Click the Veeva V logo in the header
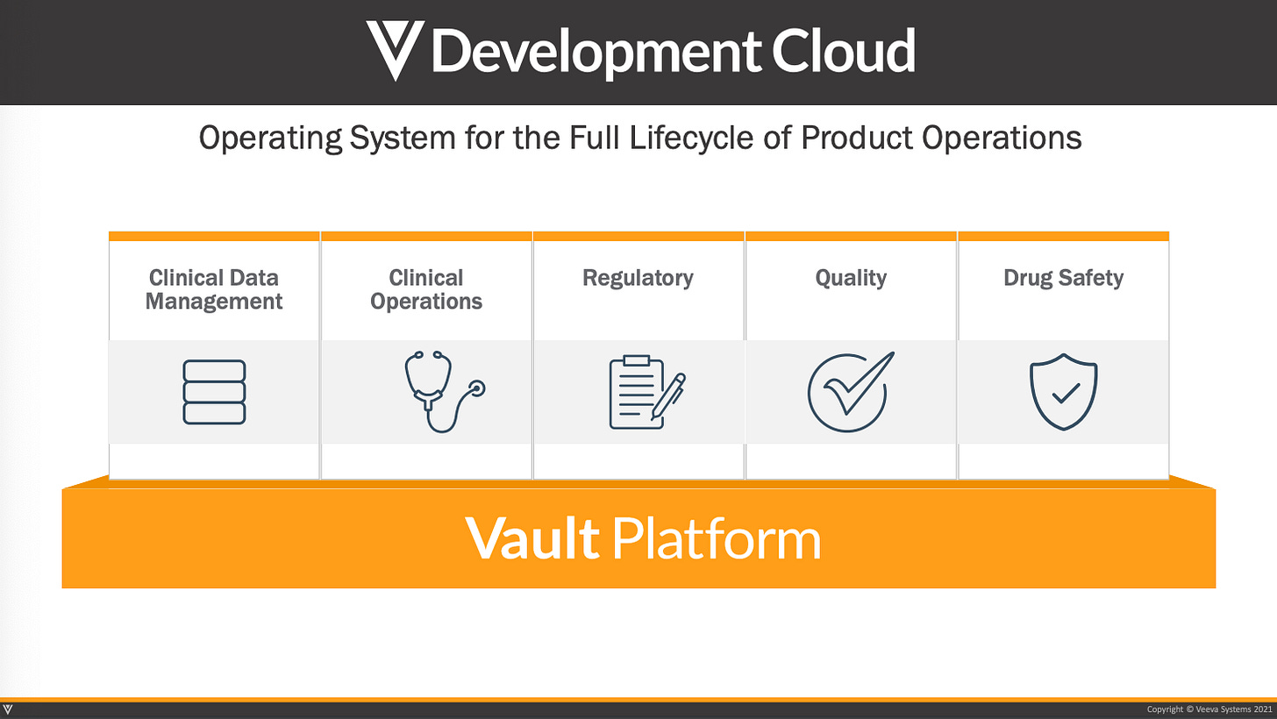click(392, 50)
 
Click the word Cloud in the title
click(844, 51)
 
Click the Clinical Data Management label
click(214, 289)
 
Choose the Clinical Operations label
click(426, 289)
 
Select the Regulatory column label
click(638, 278)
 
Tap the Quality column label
click(851, 278)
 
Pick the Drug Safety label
click(1063, 278)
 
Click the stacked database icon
click(214, 392)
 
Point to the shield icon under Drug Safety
click(1063, 392)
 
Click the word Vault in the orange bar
click(531, 537)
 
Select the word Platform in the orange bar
click(716, 537)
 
